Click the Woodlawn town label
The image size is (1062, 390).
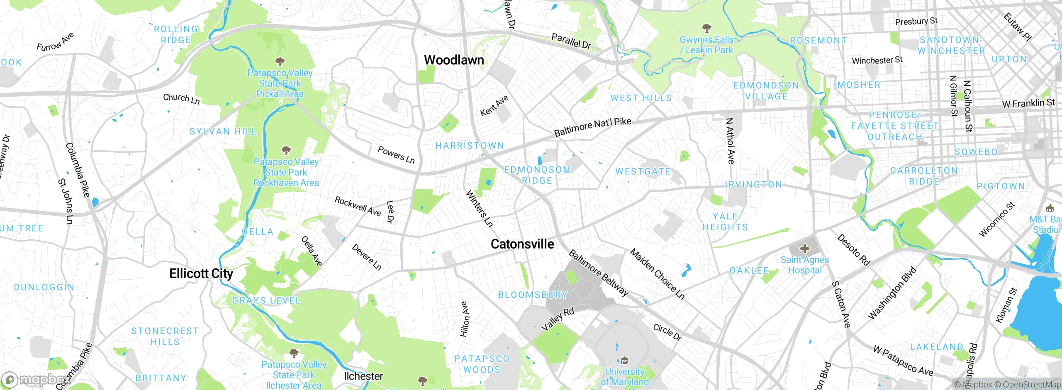pos(454,60)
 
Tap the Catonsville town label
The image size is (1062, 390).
pos(522,244)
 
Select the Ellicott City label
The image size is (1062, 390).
pos(201,273)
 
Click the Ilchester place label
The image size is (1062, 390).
pos(363,376)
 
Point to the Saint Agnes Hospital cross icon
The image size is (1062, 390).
pos(804,249)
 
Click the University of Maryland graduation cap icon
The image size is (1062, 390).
pos(624,360)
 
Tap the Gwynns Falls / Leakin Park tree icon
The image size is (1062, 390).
pos(706,28)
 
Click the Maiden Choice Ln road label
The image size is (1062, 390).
pos(657,274)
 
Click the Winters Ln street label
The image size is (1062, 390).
pos(479,209)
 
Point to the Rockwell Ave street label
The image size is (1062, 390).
pos(358,206)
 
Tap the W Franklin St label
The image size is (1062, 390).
pos(1028,103)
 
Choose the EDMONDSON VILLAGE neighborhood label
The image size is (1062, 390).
pos(766,91)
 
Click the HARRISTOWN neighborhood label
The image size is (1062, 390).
pos(470,146)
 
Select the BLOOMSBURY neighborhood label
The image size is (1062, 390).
pos(533,295)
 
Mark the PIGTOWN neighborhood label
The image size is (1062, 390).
pos(1001,186)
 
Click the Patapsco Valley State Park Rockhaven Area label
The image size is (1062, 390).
pos(286,172)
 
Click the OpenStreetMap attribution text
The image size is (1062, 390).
pos(1030,385)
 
